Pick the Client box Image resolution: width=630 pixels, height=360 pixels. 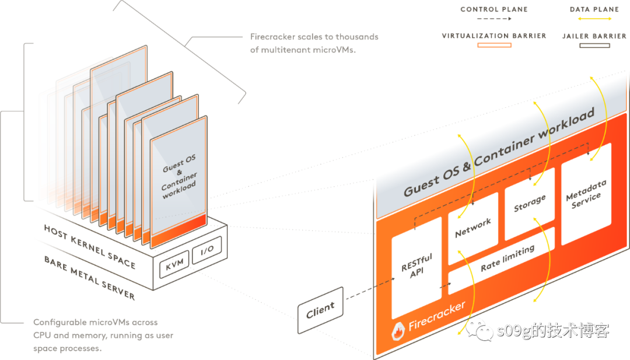320,310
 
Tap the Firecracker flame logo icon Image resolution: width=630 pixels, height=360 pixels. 398,333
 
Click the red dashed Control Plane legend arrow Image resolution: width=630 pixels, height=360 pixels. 485,18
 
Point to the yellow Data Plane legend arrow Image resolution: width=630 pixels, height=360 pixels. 591,18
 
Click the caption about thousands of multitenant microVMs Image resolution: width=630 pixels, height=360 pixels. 314,43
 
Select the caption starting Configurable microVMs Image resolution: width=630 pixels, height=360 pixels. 103,335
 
